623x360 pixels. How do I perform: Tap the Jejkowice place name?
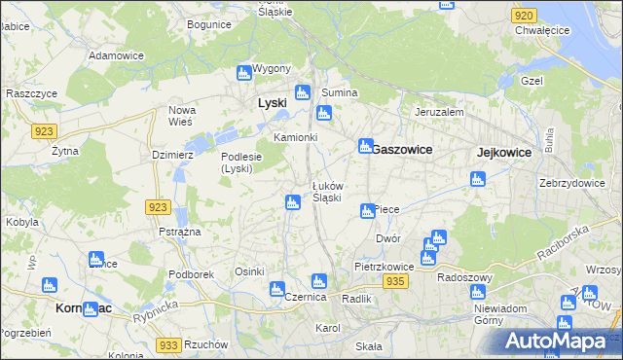[504, 152]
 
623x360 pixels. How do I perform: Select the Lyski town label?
[271, 102]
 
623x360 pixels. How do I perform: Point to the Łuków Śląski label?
[326, 192]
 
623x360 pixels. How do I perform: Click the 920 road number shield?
[523, 16]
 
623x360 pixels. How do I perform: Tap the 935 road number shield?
[394, 280]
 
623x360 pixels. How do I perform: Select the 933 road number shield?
[168, 345]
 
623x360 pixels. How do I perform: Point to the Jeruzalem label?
[439, 112]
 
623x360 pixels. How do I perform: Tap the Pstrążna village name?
[179, 232]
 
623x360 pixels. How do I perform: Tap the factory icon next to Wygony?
[243, 72]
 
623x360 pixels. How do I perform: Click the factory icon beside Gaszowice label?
[365, 146]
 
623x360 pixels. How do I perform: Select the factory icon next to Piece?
[367, 210]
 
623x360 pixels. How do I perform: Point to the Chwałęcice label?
[542, 30]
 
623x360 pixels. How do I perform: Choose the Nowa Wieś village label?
[182, 116]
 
